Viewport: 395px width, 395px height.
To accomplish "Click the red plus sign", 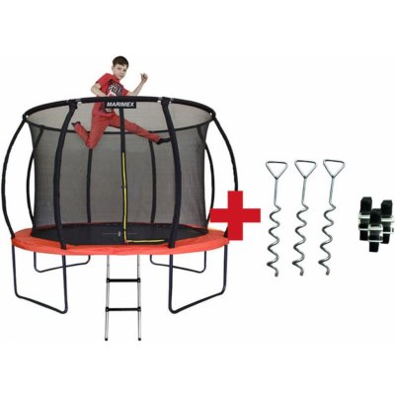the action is point(235,215).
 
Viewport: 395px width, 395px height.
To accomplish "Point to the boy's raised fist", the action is point(144,77).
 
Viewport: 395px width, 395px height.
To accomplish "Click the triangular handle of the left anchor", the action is point(276,168).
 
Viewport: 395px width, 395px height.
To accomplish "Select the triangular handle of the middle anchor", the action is point(305,167).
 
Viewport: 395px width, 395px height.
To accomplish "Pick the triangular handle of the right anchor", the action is point(334,167).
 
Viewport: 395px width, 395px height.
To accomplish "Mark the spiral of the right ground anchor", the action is point(329,242).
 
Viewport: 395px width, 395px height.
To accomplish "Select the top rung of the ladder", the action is point(122,280).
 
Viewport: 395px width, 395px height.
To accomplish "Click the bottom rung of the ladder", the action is point(122,309).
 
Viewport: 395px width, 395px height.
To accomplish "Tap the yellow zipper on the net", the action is point(124,197).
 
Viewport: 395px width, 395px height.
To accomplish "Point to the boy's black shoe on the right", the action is point(164,140).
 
